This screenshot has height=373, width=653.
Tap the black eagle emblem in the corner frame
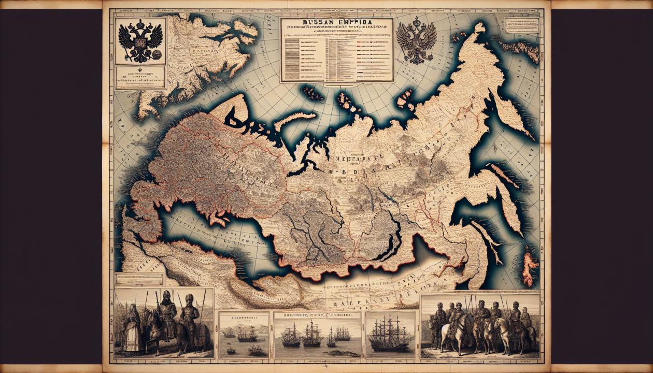tap(140, 40)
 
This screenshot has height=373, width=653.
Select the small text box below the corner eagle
tap(140, 77)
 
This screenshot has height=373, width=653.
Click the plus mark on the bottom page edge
tap(325, 367)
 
